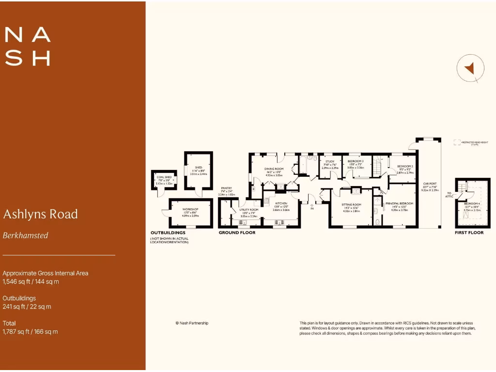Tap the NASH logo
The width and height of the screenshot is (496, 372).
pos(27,46)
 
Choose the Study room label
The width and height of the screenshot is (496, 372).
pos(330,161)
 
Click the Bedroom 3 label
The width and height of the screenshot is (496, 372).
pos(356,161)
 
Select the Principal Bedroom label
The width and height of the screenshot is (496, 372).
pos(400,203)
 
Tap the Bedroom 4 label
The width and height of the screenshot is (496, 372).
pos(472,203)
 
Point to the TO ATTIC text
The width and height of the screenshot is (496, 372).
pos(450,195)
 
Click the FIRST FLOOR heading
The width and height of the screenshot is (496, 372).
pos(469,233)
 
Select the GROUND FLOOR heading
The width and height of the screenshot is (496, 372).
pos(237,233)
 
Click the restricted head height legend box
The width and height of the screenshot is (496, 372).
pos(456,142)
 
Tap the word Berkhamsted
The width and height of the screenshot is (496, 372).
pos(26,235)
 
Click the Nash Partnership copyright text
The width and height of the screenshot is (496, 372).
pos(192,323)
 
